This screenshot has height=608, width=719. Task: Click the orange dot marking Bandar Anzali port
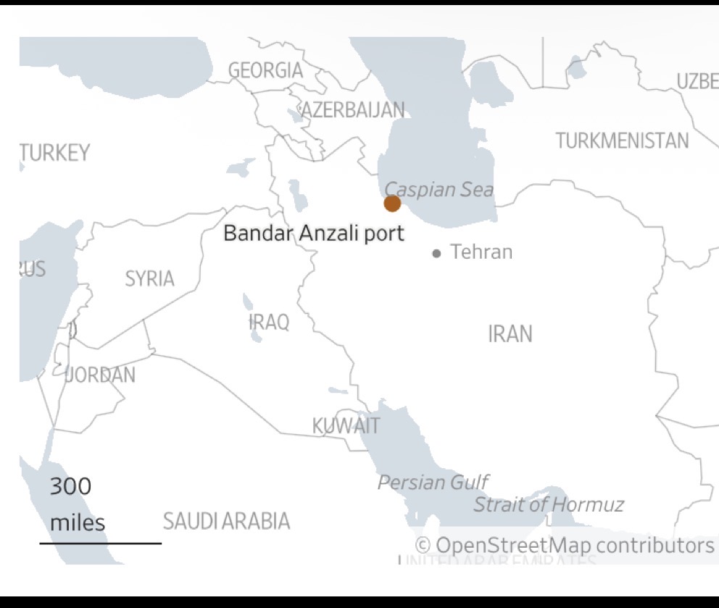tap(392, 204)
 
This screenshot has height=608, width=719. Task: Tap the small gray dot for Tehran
tap(436, 254)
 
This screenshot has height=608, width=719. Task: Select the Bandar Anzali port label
tap(313, 233)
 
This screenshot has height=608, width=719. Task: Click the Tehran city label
tap(481, 252)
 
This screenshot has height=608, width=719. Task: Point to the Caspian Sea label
tap(439, 190)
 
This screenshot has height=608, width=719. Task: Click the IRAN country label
tap(510, 334)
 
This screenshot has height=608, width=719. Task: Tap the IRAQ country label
tap(269, 322)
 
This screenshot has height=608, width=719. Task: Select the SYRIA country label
tap(149, 278)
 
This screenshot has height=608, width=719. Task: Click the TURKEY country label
tap(55, 153)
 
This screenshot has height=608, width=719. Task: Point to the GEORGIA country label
tap(265, 70)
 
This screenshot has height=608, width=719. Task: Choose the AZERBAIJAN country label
tap(353, 110)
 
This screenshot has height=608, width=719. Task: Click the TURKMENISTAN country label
tap(622, 141)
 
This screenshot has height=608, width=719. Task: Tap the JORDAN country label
tap(100, 375)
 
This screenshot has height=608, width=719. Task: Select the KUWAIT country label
tap(346, 425)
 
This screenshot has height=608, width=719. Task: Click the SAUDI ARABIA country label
tap(226, 520)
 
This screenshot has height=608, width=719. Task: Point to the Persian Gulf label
tap(433, 482)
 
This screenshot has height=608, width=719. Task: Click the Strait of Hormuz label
tap(548, 504)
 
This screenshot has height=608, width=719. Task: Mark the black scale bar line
tap(101, 543)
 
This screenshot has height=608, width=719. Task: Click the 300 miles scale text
tap(76, 504)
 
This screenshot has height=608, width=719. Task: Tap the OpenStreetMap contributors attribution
tap(565, 545)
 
